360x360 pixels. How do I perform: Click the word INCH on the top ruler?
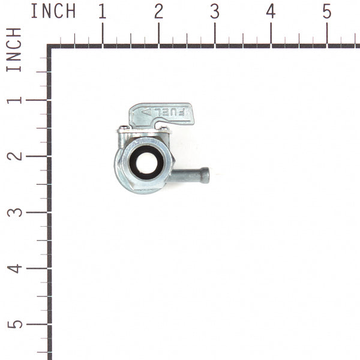53,11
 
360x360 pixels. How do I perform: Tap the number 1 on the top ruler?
103,11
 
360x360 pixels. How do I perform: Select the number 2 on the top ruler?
158,11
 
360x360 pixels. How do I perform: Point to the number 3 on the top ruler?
215,11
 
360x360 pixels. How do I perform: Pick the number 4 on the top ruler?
271,11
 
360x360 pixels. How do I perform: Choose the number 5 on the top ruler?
327,11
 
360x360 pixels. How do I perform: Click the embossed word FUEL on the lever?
172,112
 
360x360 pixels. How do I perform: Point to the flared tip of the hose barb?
205,175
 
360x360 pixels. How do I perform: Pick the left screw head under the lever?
124,128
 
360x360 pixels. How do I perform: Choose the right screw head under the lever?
164,128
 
